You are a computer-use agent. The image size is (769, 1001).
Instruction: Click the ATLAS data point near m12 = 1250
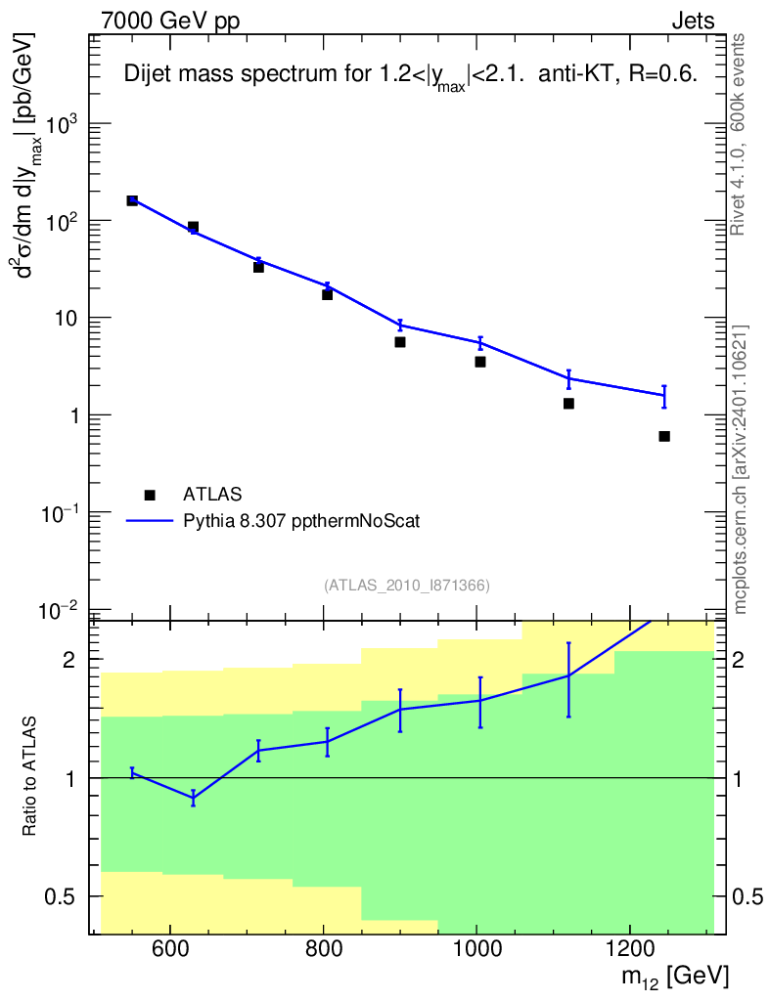664,436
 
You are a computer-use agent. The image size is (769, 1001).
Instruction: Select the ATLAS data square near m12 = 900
400,342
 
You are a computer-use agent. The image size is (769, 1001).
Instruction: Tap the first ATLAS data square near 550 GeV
132,200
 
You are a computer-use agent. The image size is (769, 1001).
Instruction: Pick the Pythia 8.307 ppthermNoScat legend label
301,522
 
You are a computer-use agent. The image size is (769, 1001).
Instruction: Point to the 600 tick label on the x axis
170,948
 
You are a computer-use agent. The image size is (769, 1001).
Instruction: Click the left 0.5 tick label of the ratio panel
68,896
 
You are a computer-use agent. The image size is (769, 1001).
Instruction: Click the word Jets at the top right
693,21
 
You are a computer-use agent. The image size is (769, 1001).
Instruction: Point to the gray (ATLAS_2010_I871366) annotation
407,586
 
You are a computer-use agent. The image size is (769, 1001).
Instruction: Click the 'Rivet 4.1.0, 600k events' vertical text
739,134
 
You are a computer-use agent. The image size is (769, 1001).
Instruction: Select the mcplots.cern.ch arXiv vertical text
741,469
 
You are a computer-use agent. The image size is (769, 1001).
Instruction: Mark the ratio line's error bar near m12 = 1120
568,679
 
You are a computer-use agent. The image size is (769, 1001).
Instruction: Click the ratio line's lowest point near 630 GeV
193,798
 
